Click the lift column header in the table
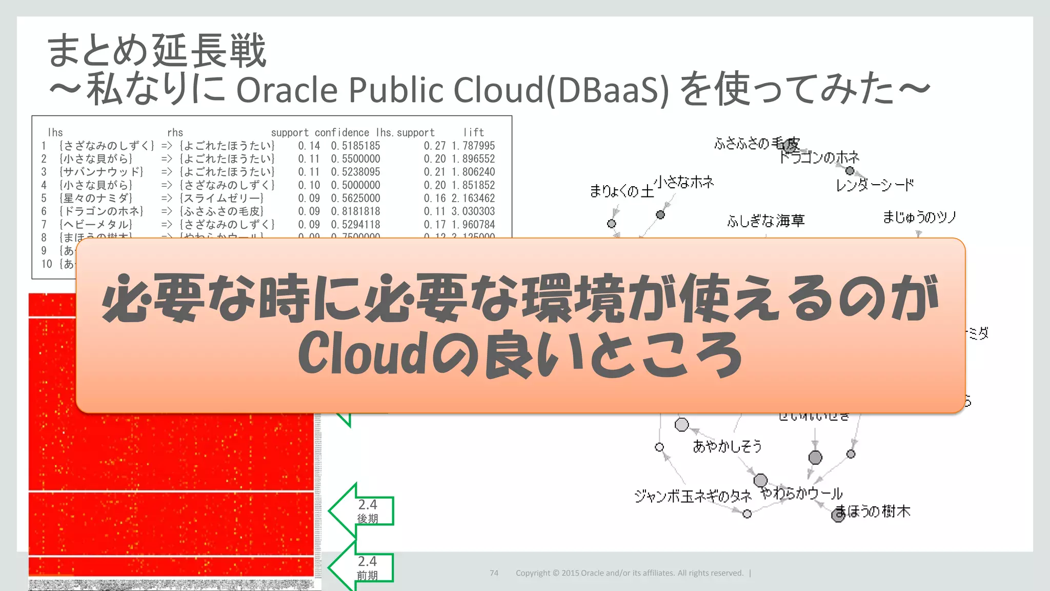pyautogui.click(x=473, y=132)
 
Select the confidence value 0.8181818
pyautogui.click(x=355, y=211)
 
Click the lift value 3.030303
pyautogui.click(x=473, y=211)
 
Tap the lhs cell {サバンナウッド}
pyautogui.click(x=102, y=172)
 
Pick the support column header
pyautogui.click(x=290, y=132)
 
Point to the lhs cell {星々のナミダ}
pyautogui.click(x=96, y=198)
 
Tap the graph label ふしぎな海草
pyautogui.click(x=765, y=221)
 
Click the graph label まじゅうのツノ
pyautogui.click(x=919, y=218)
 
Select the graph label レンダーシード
pyautogui.click(x=875, y=185)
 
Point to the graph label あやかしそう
pyautogui.click(x=727, y=446)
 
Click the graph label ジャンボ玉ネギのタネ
pyautogui.click(x=693, y=496)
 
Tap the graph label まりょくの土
pyautogui.click(x=621, y=191)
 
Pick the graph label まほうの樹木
pyautogui.click(x=873, y=511)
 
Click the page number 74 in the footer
pyautogui.click(x=494, y=573)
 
